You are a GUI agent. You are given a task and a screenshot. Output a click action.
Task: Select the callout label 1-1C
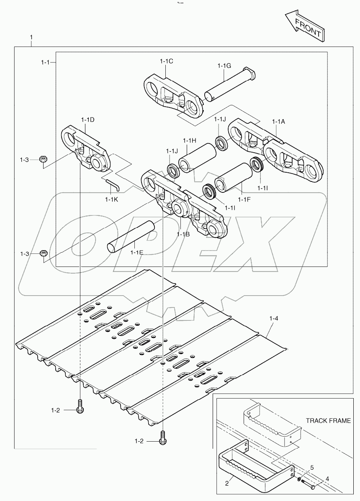[166, 61]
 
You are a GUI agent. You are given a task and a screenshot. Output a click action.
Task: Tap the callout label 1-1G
[224, 66]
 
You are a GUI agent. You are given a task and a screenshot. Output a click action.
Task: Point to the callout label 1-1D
[87, 120]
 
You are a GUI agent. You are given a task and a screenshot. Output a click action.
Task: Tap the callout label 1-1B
[183, 234]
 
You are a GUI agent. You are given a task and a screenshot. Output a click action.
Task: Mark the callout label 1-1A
[278, 121]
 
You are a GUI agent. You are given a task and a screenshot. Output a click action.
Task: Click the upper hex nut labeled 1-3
[42, 159]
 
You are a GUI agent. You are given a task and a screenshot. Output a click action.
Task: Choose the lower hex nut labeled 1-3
[43, 253]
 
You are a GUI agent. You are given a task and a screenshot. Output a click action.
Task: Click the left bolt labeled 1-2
[80, 406]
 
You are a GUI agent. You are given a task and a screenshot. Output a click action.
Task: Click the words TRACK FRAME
[328, 421]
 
